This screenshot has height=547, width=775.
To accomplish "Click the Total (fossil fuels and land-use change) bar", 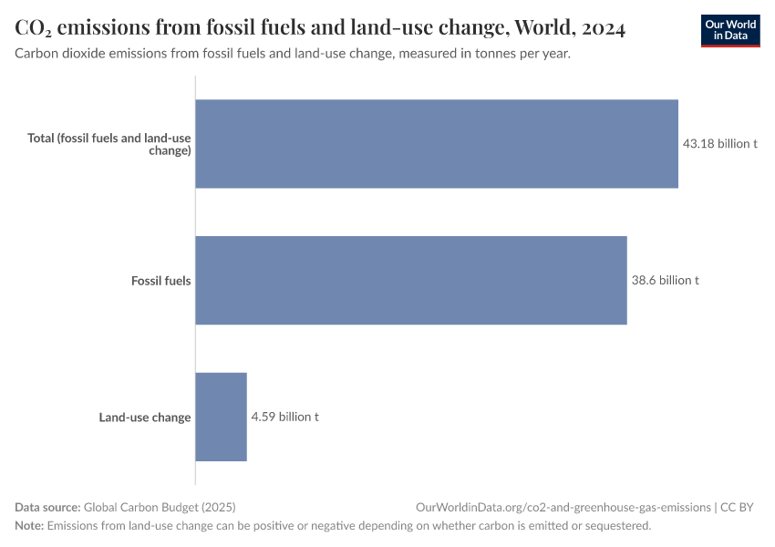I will (437, 144).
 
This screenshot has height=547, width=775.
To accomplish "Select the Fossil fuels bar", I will (411, 280).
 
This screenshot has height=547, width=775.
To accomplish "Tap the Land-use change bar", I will (221, 417).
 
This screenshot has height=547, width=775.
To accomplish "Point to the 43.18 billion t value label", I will (720, 144).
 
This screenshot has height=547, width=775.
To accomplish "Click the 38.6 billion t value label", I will (665, 280).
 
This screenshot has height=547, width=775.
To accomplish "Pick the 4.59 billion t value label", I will (284, 417).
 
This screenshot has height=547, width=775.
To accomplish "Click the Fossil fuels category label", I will (160, 281).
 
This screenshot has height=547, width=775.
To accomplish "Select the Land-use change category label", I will (145, 418).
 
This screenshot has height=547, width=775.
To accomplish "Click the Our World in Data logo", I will (730, 31).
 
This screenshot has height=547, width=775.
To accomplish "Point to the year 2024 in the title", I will (602, 29).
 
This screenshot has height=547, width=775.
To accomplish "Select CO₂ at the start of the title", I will (33, 29).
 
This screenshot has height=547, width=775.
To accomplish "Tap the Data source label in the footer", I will (47, 507).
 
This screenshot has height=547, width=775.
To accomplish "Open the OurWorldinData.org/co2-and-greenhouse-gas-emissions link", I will (563, 507).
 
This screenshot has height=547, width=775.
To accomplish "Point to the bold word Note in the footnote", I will (29, 526).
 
